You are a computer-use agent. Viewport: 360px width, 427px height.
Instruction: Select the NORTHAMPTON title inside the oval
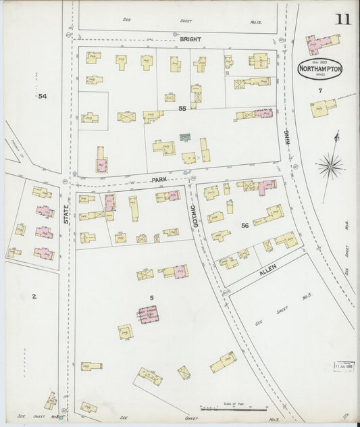click(320, 69)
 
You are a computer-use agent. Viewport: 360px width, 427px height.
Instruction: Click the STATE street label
click(66, 214)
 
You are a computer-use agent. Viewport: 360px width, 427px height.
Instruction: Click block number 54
click(43, 96)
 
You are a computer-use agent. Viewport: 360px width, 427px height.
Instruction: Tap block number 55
click(182, 108)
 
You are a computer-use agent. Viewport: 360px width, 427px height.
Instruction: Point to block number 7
click(320, 91)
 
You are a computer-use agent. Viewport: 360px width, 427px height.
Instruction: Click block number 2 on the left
click(34, 296)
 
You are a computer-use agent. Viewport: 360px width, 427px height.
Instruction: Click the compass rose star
click(331, 164)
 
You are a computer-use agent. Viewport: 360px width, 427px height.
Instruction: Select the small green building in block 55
click(184, 137)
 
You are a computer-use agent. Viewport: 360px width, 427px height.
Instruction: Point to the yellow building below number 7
click(324, 108)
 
